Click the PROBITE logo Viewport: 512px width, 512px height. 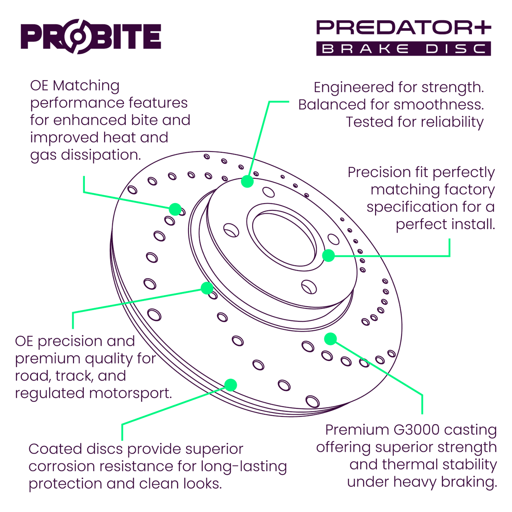[x=91, y=36]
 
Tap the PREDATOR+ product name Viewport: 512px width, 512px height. [x=403, y=28]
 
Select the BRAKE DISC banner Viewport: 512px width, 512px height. [x=403, y=49]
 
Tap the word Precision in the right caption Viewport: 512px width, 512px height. [x=373, y=172]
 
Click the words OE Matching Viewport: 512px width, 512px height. [x=75, y=86]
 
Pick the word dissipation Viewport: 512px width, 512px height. [x=101, y=155]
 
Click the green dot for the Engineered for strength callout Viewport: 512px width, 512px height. [x=247, y=181]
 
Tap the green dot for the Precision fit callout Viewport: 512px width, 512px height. [x=328, y=256]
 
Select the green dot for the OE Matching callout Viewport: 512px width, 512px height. [x=175, y=209]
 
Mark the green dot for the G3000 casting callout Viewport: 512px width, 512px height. [x=330, y=339]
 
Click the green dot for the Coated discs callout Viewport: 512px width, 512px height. [x=230, y=385]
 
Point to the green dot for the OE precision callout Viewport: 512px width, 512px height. [x=207, y=288]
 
